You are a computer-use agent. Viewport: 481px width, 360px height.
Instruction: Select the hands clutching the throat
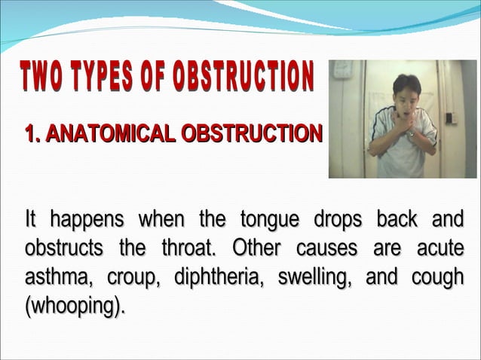tap(403, 121)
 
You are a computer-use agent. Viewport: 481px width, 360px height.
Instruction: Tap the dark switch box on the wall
tap(451, 117)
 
